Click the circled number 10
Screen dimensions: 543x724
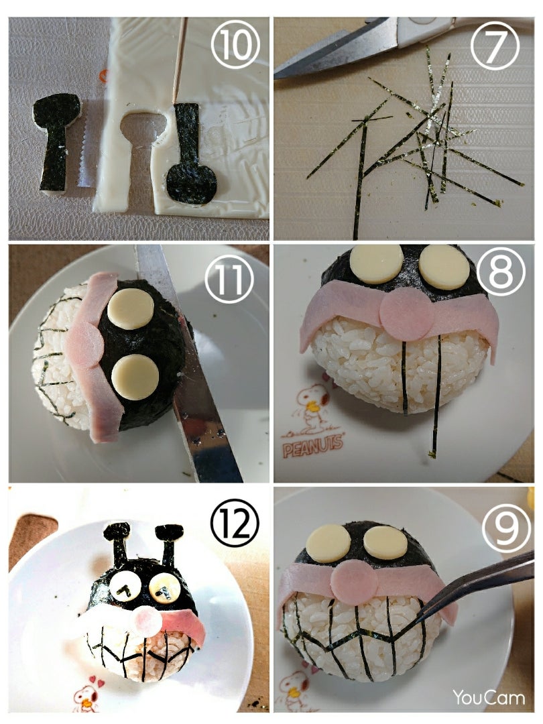(235, 45)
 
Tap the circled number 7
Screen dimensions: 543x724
(495, 46)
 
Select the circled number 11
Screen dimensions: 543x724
(229, 280)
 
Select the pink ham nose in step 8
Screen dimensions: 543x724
(404, 314)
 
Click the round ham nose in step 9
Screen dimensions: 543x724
(354, 579)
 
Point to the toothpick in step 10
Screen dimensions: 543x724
(180, 60)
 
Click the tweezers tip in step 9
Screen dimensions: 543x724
(426, 619)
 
